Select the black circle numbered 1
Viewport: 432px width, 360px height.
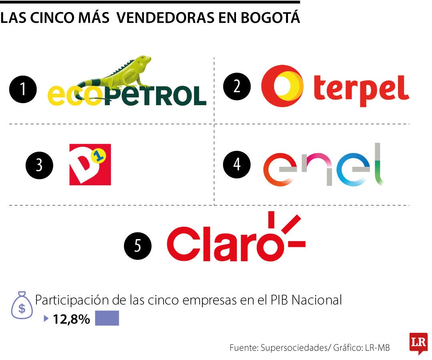[24, 89]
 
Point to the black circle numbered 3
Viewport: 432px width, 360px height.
[39, 165]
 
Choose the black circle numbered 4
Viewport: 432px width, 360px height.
[237, 164]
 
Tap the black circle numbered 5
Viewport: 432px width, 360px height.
[138, 245]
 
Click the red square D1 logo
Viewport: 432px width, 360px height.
[90, 164]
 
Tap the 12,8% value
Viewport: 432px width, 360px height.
[71, 319]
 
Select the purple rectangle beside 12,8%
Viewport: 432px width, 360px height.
[107, 318]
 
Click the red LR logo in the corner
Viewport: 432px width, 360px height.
[418, 342]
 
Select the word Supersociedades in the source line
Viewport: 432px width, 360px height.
[294, 348]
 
